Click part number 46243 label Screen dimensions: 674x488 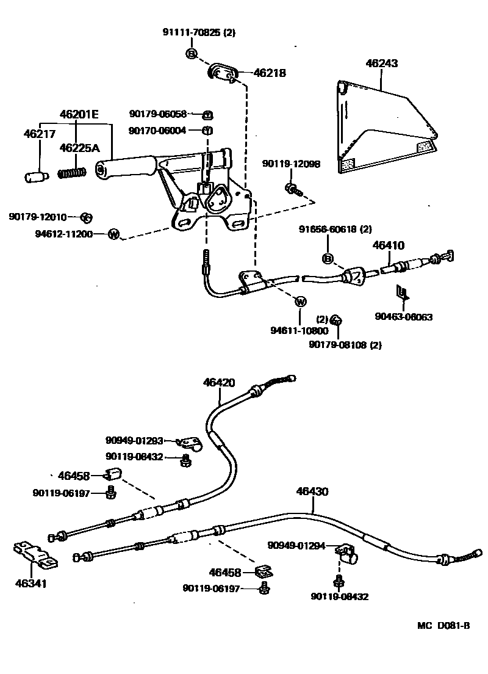point(381,62)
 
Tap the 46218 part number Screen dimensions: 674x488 point(269,73)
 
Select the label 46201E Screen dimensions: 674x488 point(79,114)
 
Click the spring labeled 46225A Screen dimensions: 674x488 point(71,173)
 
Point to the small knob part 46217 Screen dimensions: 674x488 point(35,176)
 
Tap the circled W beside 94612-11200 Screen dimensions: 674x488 point(113,233)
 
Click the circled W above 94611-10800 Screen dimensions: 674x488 point(300,302)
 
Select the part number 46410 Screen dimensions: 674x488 point(389,245)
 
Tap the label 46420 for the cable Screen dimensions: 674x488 point(219,383)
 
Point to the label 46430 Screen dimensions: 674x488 point(312,490)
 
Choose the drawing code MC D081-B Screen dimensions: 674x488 point(443,625)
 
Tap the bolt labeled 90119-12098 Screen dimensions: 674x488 point(293,189)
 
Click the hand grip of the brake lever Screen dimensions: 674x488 point(125,168)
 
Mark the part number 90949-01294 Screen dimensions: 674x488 point(296,546)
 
